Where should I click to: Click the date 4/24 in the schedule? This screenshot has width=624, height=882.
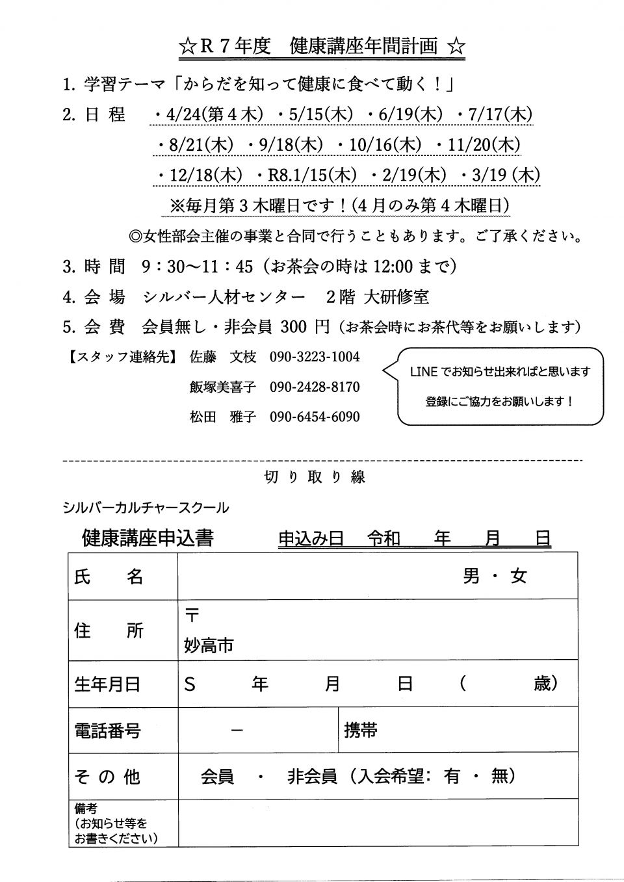pyautogui.click(x=184, y=115)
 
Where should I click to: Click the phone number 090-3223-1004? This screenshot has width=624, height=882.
pyautogui.click(x=315, y=357)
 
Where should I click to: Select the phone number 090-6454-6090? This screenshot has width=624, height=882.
pyautogui.click(x=315, y=417)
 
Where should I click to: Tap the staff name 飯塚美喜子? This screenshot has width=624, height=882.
pyautogui.click(x=222, y=387)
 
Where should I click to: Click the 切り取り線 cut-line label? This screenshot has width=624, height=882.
pyautogui.click(x=315, y=476)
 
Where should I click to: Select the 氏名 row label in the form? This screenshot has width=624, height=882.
pyautogui.click(x=109, y=576)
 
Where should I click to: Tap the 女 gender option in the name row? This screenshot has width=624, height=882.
pyautogui.click(x=518, y=576)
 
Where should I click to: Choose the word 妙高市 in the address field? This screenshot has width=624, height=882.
pyautogui.click(x=209, y=645)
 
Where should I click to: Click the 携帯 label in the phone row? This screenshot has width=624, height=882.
pyautogui.click(x=361, y=730)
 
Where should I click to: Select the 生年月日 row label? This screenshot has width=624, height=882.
pyautogui.click(x=107, y=684)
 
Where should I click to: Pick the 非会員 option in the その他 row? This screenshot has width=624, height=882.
pyautogui.click(x=312, y=776)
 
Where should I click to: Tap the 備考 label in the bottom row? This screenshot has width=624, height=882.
pyautogui.click(x=86, y=809)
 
